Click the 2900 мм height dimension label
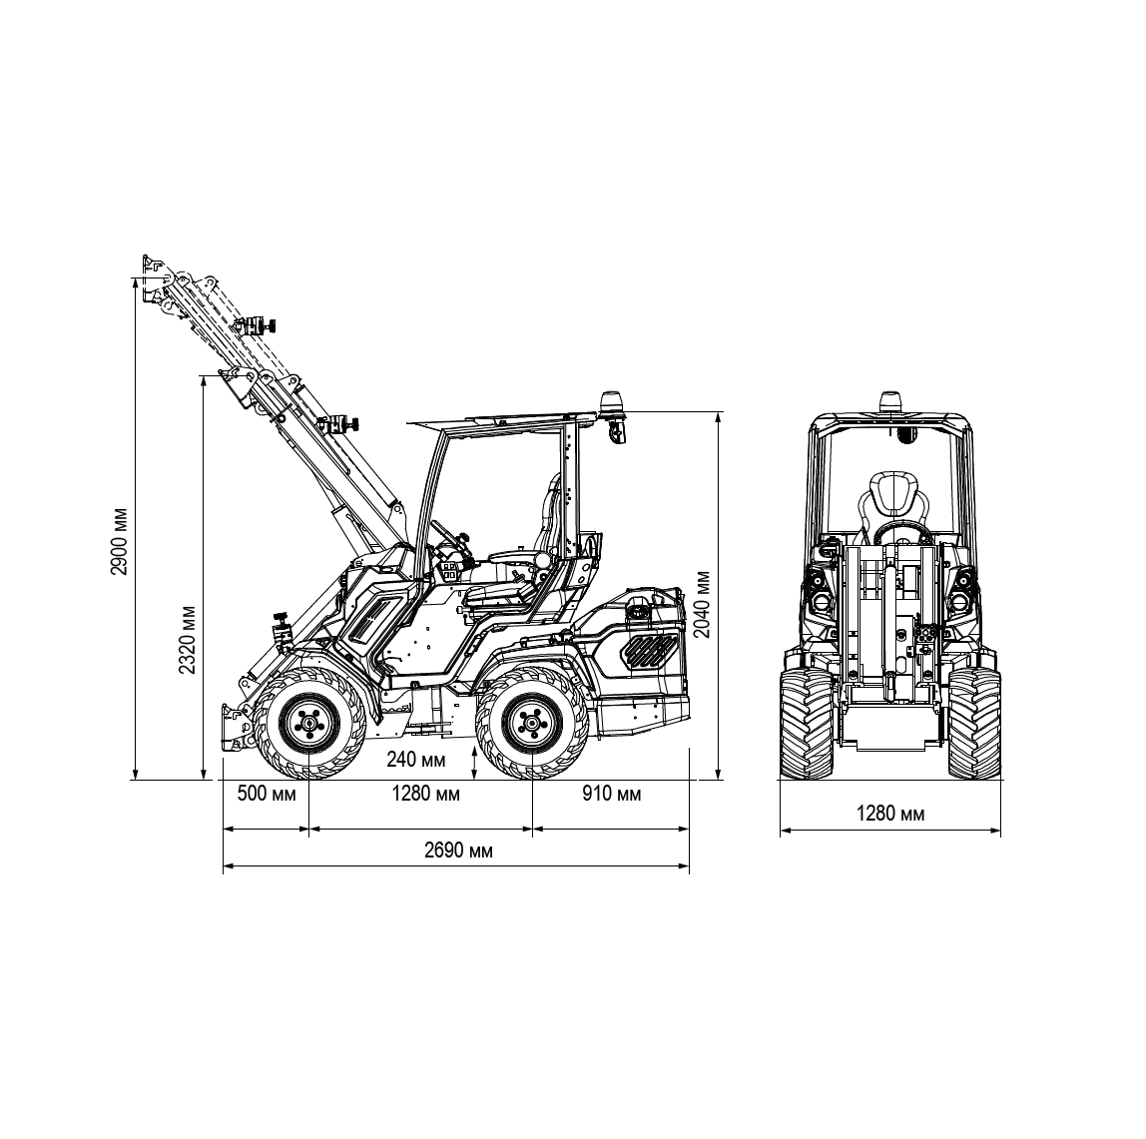point(119,541)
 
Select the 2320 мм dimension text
point(188,640)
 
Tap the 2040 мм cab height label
point(703,604)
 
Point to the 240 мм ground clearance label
point(416,760)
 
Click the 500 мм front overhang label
point(267,794)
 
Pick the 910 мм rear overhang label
point(612,794)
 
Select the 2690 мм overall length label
point(458,851)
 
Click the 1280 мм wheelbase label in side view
point(426,794)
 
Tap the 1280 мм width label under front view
point(890,814)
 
